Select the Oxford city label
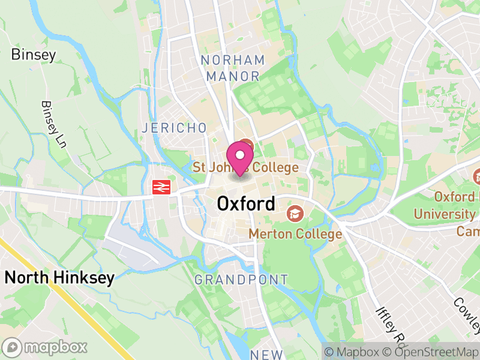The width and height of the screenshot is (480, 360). [246, 204]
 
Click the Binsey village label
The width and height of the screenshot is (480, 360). [34, 55]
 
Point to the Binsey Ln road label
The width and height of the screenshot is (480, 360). [53, 124]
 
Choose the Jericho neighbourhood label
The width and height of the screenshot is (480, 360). [175, 128]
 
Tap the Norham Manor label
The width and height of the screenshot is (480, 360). [233, 68]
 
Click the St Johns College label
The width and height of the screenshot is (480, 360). [245, 167]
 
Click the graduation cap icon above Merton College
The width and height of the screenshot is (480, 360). [294, 213]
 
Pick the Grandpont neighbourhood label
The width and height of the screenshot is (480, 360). [241, 280]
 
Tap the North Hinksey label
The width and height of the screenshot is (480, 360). [59, 277]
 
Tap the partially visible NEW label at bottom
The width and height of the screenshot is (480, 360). [266, 355]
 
